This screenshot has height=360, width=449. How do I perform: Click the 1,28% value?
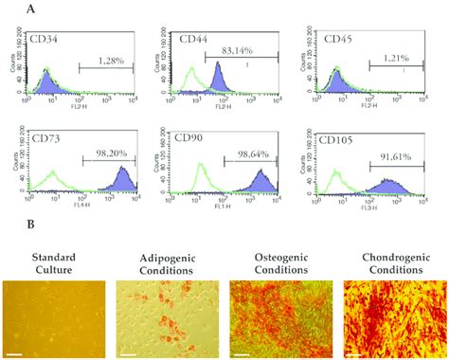107,60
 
